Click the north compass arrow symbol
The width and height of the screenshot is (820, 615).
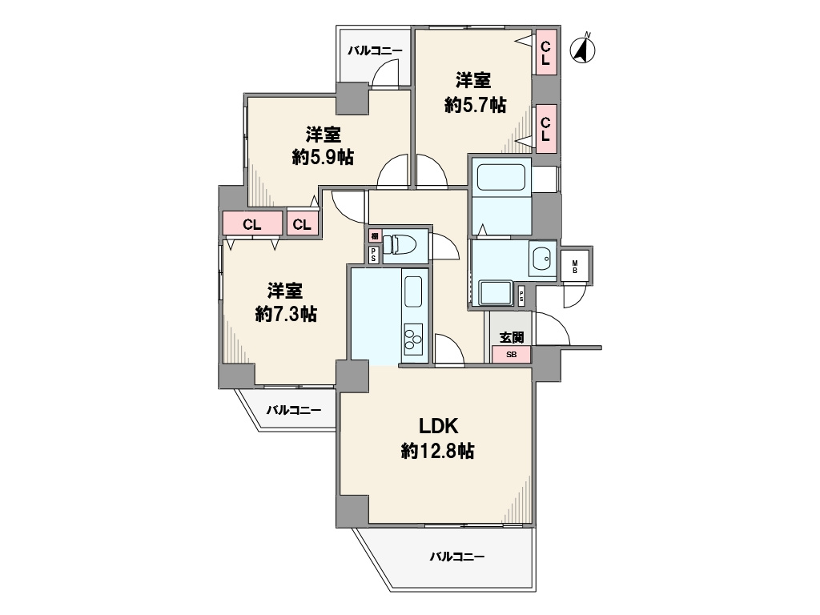pos(583,49)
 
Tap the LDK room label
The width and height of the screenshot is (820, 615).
pos(438,426)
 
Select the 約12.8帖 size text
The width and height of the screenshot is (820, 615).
pos(438,451)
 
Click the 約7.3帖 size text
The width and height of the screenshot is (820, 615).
pos(286,314)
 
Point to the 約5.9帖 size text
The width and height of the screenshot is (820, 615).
pos(323,157)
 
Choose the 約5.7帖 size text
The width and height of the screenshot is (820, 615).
pos(476,105)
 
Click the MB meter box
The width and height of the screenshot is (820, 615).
pos(575,267)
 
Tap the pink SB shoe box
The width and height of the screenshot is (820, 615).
pos(512,355)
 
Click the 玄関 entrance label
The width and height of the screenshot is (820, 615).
pos(512,337)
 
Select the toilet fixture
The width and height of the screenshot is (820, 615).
pos(400,244)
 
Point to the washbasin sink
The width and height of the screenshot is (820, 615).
pos(542,259)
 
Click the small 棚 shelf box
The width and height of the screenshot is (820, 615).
pos(375,236)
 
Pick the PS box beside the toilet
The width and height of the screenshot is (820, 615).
pos(374,255)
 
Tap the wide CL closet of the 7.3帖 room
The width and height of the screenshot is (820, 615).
pos(252,224)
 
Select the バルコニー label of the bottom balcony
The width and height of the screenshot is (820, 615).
pos(457,557)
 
